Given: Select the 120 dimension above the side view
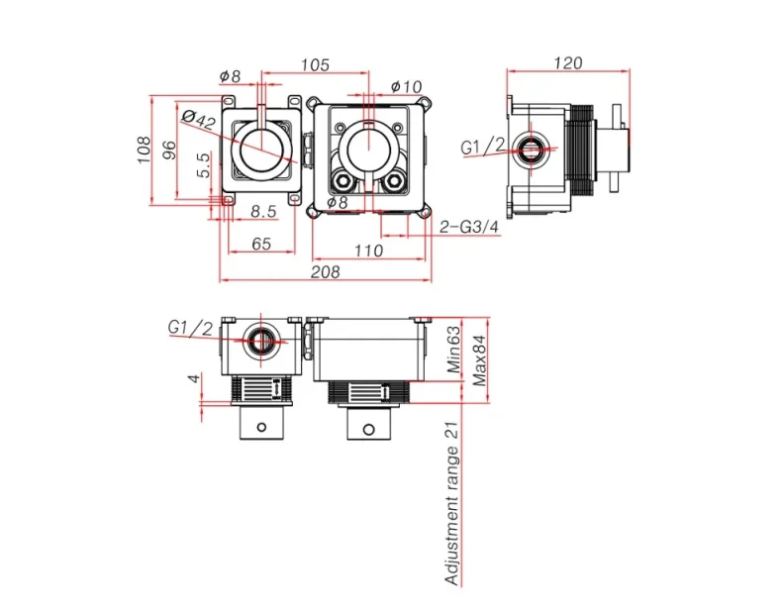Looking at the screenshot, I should click(567, 62).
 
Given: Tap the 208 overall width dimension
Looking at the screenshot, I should click(325, 271).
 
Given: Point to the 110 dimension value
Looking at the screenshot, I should click(368, 251).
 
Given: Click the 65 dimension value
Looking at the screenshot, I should click(261, 243).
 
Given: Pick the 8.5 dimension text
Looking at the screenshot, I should click(262, 211).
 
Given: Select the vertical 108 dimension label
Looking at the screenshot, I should click(145, 150).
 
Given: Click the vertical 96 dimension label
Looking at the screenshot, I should click(169, 151).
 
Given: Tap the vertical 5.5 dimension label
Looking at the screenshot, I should click(203, 165).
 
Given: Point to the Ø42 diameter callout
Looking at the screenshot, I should click(200, 120).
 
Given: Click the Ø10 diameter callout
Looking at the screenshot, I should click(407, 86).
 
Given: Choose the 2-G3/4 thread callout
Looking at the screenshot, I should click(470, 227).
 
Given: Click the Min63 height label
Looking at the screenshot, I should click(453, 349).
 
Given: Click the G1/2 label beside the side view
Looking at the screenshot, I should click(483, 147).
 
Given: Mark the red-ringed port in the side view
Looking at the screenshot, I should click(532, 152).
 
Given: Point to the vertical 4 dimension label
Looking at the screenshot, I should click(195, 378).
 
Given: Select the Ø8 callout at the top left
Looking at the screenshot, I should click(230, 76).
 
